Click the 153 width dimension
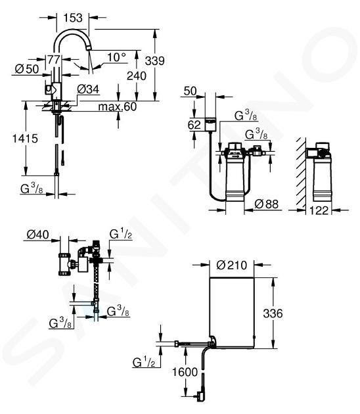tap(73, 18)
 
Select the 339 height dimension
tap(154, 60)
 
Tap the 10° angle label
tap(116, 57)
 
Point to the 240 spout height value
tap(137, 76)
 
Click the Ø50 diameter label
tap(27, 69)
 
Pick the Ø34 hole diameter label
tap(88, 89)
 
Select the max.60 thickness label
tap(118, 106)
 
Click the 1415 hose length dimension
tap(25, 139)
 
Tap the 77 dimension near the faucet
tap(54, 60)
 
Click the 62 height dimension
tap(194, 125)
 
